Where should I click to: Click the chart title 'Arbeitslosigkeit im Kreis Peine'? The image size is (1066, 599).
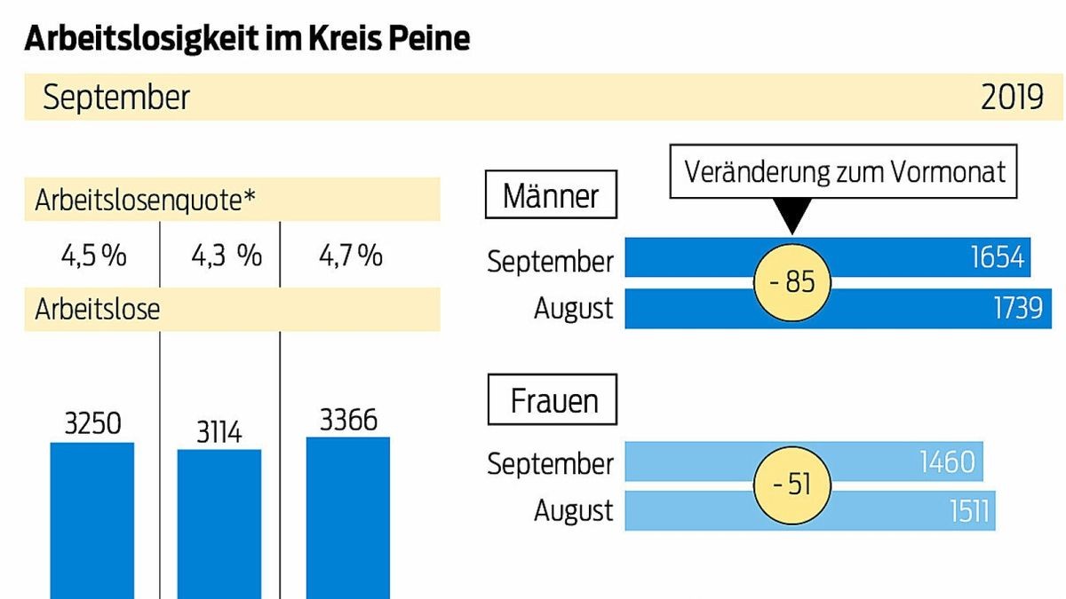click(x=247, y=39)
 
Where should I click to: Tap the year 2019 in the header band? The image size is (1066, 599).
click(x=1012, y=98)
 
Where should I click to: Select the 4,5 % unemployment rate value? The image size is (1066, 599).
click(x=93, y=256)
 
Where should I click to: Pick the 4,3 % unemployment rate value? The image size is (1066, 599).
click(x=227, y=256)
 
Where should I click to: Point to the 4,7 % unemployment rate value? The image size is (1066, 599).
click(x=351, y=256)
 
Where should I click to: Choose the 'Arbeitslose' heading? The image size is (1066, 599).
click(x=98, y=311)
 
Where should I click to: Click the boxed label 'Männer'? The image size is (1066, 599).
click(x=551, y=195)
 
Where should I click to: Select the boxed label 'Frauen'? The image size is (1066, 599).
click(x=553, y=401)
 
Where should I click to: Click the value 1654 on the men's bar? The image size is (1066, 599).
click(x=998, y=257)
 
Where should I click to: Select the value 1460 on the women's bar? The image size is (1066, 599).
click(x=948, y=461)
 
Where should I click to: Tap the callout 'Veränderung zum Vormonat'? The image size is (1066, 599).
click(x=845, y=170)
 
